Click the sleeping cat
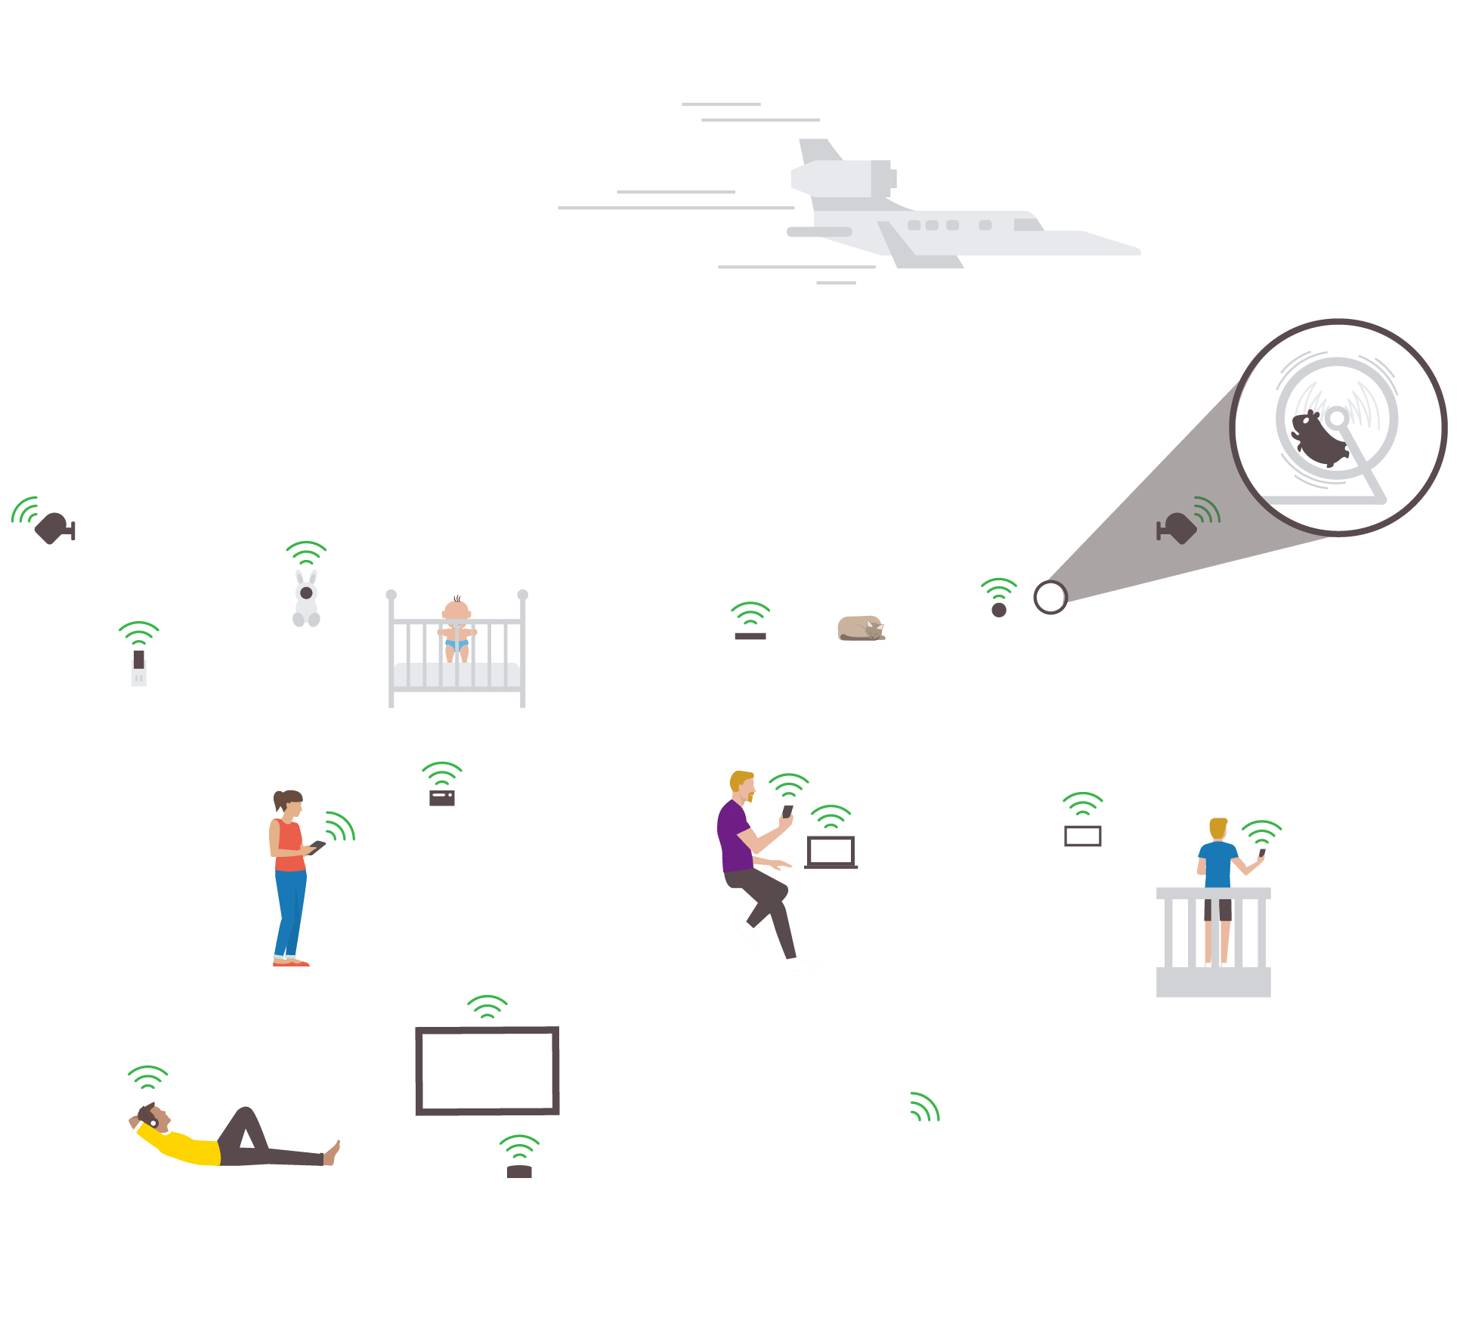(x=859, y=628)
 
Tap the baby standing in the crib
(x=456, y=629)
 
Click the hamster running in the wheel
(x=1319, y=437)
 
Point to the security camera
(x=54, y=527)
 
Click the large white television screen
(x=487, y=1070)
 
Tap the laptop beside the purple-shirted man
(x=831, y=852)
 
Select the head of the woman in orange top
(x=289, y=803)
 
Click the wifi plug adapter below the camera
(x=138, y=669)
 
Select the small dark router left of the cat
(x=750, y=636)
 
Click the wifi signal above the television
(x=487, y=1007)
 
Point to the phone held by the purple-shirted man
(x=787, y=811)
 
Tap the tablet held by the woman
(x=317, y=846)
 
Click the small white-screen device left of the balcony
(x=1083, y=836)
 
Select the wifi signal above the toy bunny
(x=306, y=552)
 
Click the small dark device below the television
(x=519, y=1172)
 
